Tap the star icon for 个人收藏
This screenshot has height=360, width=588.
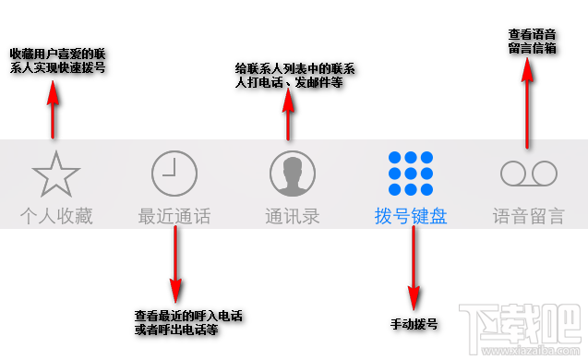56,173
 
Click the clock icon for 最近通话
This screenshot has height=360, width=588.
174,173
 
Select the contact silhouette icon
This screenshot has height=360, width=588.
293,173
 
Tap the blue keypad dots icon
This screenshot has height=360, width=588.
411,173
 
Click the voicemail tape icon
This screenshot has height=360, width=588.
529,173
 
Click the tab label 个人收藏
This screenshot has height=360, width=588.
56,218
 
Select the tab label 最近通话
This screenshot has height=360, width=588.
174,218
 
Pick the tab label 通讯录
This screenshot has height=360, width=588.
293,218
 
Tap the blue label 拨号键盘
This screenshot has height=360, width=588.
411,218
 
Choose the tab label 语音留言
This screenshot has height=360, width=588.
529,218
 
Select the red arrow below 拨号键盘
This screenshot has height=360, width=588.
414,272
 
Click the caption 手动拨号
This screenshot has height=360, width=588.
414,325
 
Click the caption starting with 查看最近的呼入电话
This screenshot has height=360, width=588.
188,322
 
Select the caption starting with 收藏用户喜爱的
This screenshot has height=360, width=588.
57,60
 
